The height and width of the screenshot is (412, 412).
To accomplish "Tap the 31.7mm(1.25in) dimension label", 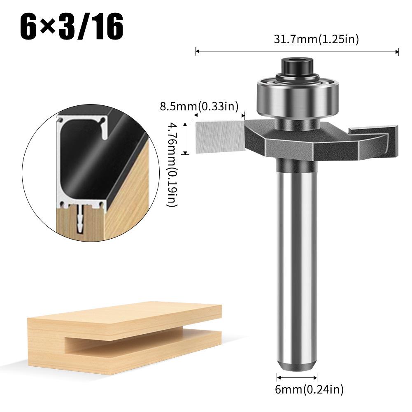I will click(317, 40).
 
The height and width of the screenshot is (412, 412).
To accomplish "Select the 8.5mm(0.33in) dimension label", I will click(199, 107).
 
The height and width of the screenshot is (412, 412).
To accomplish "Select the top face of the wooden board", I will click(123, 315).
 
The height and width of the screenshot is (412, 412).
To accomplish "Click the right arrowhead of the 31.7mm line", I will click(397, 51).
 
